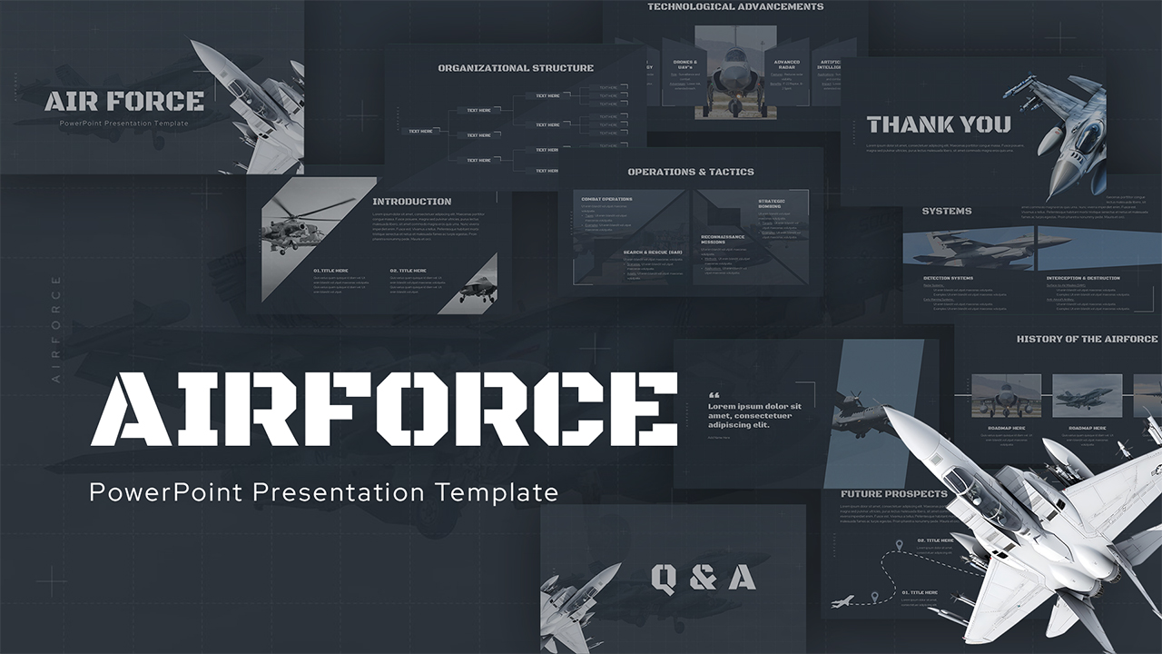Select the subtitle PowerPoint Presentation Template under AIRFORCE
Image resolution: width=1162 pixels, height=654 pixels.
[x=323, y=493]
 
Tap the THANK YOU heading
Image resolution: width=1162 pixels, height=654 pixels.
[x=938, y=124]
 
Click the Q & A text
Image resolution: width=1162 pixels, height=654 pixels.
[x=704, y=576]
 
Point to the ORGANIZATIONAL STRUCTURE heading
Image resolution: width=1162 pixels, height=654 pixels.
[x=516, y=68]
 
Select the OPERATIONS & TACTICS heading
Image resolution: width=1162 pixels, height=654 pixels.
[x=691, y=172]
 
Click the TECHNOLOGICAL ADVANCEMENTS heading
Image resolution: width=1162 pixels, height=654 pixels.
[x=735, y=7]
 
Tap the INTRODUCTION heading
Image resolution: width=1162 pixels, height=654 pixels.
[x=411, y=202]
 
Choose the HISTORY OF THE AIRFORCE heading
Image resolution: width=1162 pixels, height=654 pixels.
[x=1087, y=339]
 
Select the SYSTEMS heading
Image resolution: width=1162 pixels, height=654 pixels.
[x=946, y=211]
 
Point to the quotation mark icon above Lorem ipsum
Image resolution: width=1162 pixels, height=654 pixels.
[x=713, y=395]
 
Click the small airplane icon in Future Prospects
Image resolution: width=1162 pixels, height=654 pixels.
[x=842, y=601]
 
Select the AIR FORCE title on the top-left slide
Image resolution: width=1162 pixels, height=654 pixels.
[x=123, y=101]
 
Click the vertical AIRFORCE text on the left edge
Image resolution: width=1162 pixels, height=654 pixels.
[x=56, y=328]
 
